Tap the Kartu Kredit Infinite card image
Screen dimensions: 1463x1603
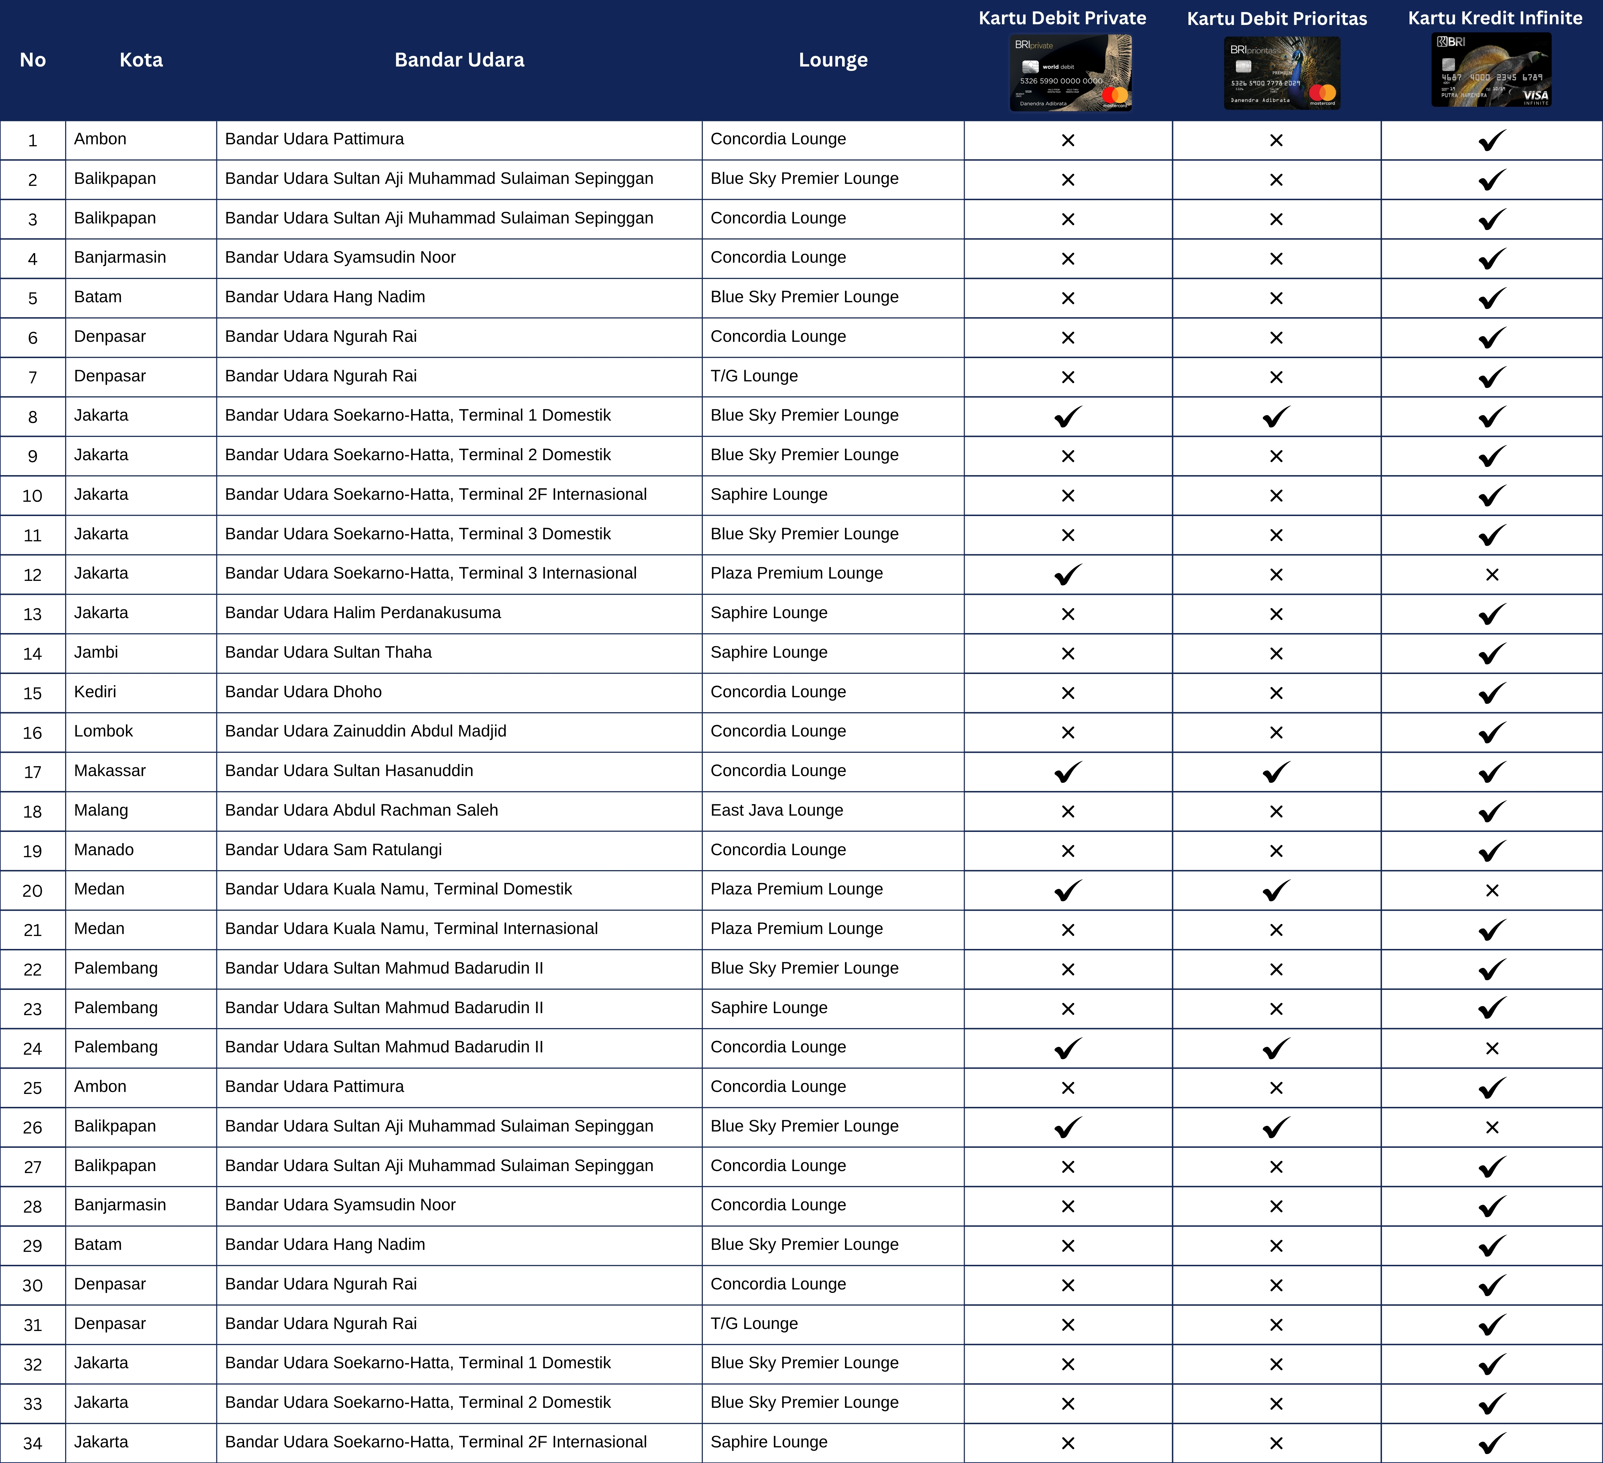click(1491, 70)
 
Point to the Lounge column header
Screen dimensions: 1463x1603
click(832, 60)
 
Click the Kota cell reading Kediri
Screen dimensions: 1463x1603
click(95, 692)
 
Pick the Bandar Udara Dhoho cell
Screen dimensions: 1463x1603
click(303, 692)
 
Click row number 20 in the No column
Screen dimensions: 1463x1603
click(33, 890)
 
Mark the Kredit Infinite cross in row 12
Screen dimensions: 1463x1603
click(1492, 574)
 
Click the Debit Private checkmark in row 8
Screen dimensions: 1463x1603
click(1068, 416)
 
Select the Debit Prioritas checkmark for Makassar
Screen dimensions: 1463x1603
click(1276, 771)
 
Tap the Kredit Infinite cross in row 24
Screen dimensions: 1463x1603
click(1492, 1048)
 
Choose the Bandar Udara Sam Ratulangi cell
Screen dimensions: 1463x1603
click(333, 850)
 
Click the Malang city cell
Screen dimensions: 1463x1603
click(101, 810)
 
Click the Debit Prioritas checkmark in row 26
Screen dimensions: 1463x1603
click(1276, 1127)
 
